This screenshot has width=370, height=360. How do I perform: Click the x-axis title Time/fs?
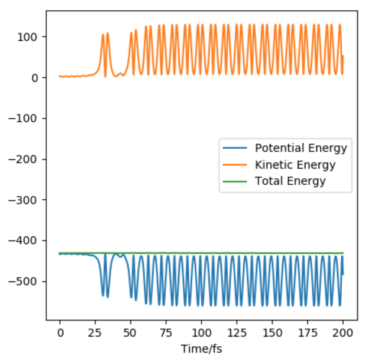coord(202,347)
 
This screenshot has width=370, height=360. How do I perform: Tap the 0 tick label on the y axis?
coord(36,78)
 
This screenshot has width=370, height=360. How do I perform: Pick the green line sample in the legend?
coord(237,181)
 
